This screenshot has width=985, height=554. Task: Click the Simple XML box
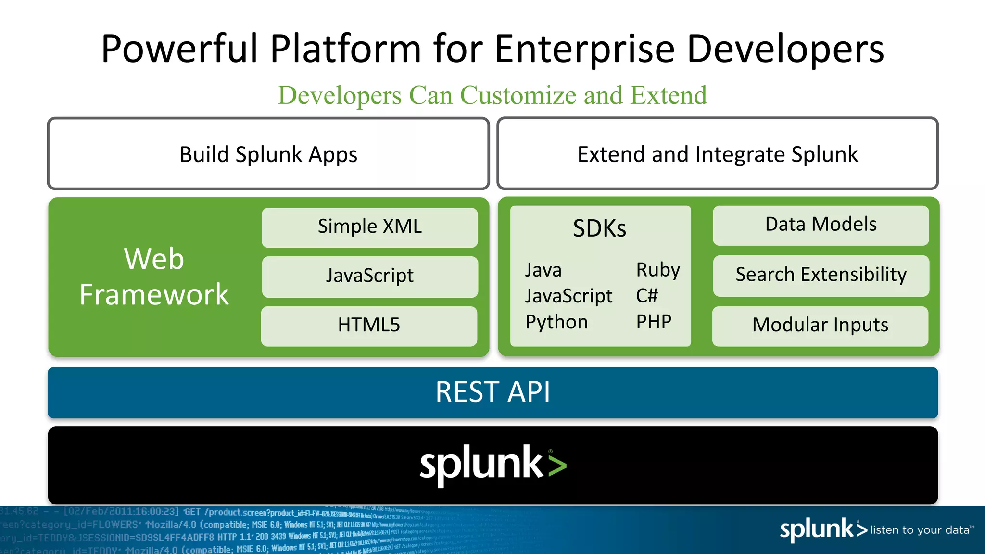click(x=369, y=227)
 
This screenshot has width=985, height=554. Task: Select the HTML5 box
click(x=369, y=326)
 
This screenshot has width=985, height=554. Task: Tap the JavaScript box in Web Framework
click(x=369, y=276)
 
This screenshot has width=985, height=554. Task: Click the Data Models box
click(x=821, y=225)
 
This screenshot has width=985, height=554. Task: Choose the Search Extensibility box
click(x=821, y=275)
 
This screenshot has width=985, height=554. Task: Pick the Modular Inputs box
click(x=820, y=326)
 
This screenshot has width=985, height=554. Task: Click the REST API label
click(x=492, y=392)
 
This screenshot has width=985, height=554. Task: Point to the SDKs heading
click(x=599, y=228)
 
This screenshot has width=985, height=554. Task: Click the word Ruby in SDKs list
click(x=658, y=270)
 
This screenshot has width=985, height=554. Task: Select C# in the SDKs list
click(x=646, y=296)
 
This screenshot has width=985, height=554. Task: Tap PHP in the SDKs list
click(x=654, y=322)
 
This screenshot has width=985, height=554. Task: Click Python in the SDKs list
click(x=556, y=322)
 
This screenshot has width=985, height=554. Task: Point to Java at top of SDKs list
click(x=543, y=270)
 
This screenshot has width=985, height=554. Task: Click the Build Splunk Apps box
click(x=268, y=154)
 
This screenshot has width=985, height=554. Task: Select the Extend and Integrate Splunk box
click(x=718, y=154)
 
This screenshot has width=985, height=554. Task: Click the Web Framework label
click(x=154, y=277)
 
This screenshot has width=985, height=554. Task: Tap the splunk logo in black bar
click(x=492, y=464)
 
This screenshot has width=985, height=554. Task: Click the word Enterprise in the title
click(x=584, y=49)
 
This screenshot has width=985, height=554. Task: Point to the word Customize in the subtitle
click(x=518, y=95)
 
